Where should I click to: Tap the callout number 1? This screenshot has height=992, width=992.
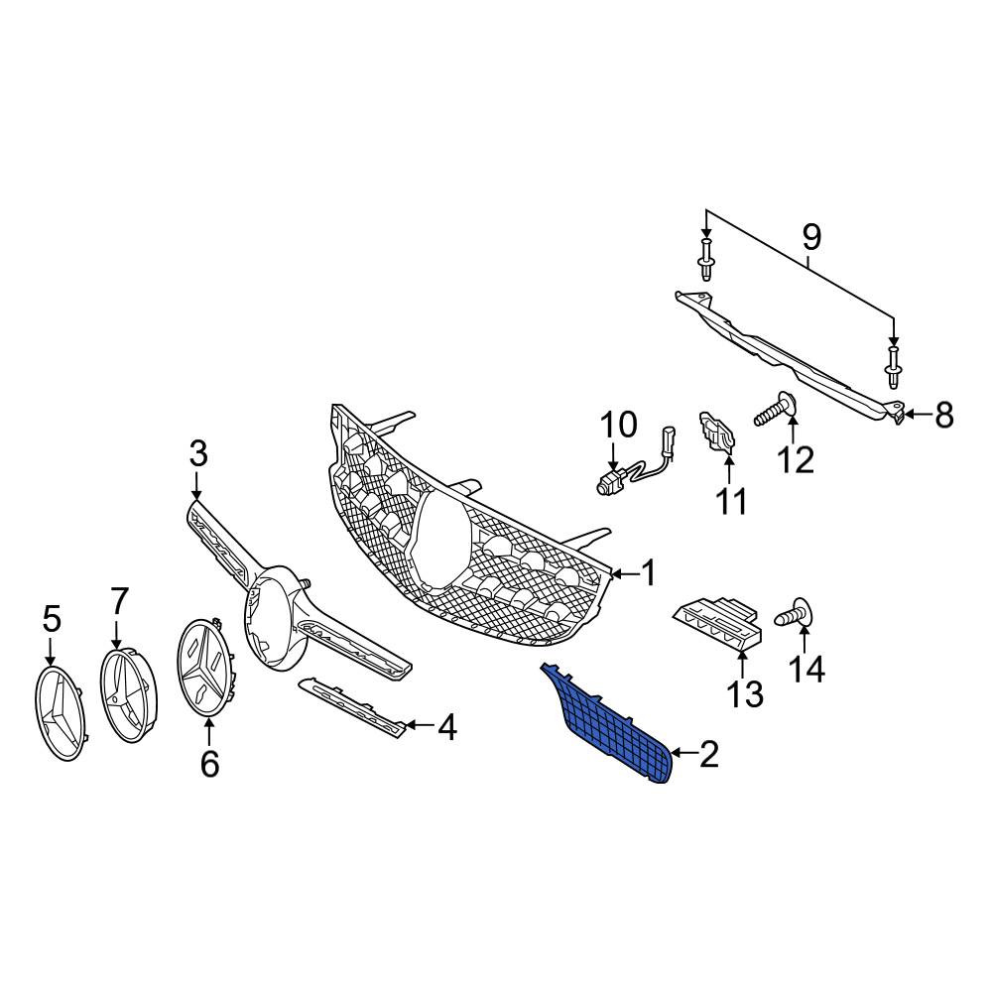point(649,573)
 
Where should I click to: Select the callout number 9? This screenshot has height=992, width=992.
point(811,237)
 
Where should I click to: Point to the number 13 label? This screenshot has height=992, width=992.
point(745,693)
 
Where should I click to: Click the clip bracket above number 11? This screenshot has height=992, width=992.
point(716,433)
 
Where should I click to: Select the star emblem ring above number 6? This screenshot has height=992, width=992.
point(207,668)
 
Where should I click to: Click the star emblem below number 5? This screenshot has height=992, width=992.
point(61,713)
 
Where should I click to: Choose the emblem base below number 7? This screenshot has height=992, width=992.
point(129,694)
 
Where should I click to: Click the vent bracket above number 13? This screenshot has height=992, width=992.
point(717,623)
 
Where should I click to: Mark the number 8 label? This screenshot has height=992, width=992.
point(943,416)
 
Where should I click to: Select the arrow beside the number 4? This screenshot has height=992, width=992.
point(419,726)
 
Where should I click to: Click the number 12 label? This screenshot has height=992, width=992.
point(796,460)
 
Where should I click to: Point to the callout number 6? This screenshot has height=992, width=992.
point(209,764)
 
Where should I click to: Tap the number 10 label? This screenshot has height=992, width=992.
point(618,425)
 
